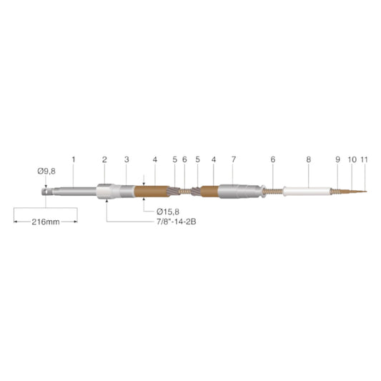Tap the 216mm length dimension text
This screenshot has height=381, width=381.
click(46, 222)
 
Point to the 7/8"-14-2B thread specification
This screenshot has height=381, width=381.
click(177, 222)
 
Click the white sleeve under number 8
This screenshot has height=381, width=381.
click(306, 192)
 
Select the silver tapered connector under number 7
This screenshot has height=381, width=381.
click(235, 192)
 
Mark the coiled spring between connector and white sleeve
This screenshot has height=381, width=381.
click(273, 192)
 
